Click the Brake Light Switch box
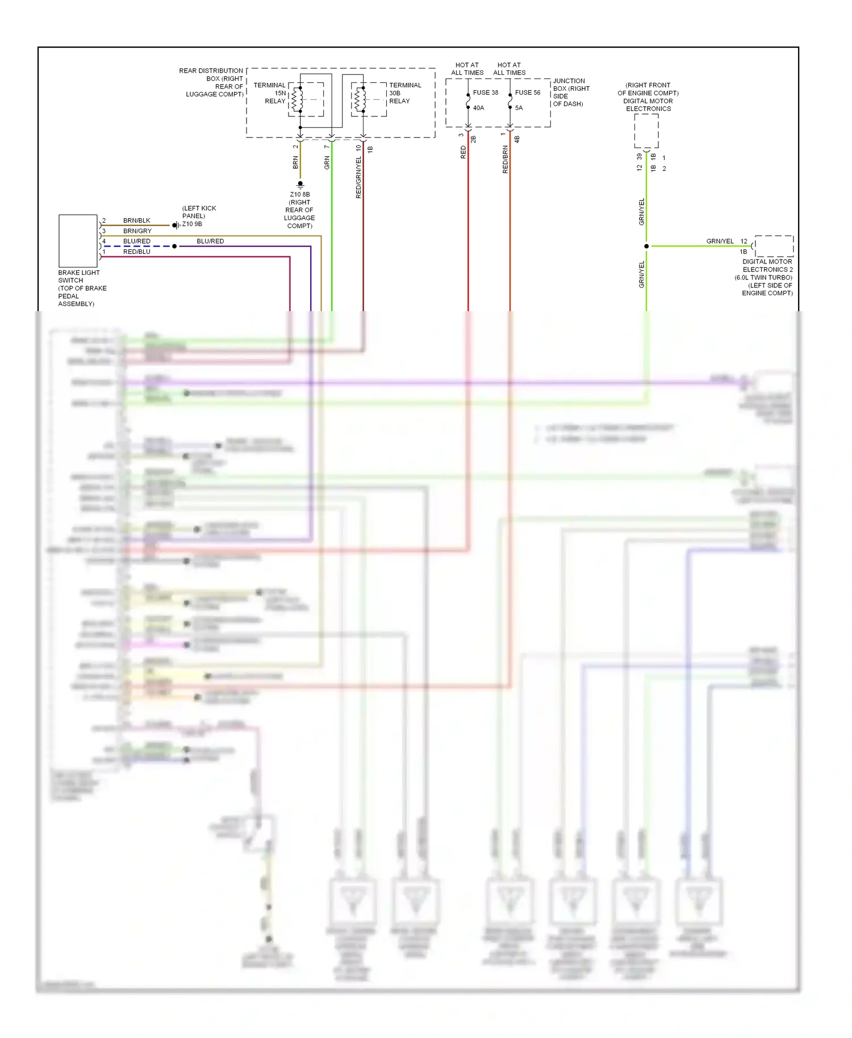click(x=78, y=241)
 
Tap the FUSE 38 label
click(x=485, y=93)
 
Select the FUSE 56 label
click(x=527, y=93)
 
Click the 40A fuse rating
click(x=478, y=108)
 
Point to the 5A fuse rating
click(x=519, y=108)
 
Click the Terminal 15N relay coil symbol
click(x=295, y=99)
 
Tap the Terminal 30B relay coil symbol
click(x=358, y=99)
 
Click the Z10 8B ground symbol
click(x=300, y=185)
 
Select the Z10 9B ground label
click(x=192, y=224)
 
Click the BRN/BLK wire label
click(x=136, y=220)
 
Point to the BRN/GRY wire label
click(x=137, y=231)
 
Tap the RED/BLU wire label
click(x=136, y=252)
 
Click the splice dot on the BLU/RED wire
click(x=174, y=246)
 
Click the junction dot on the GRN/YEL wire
click(x=646, y=246)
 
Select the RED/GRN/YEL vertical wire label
click(x=358, y=177)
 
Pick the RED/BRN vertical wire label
click(x=505, y=160)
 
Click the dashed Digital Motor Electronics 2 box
click(x=774, y=246)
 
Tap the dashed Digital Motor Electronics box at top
click(x=646, y=131)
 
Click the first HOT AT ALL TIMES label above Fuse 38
click(x=467, y=69)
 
